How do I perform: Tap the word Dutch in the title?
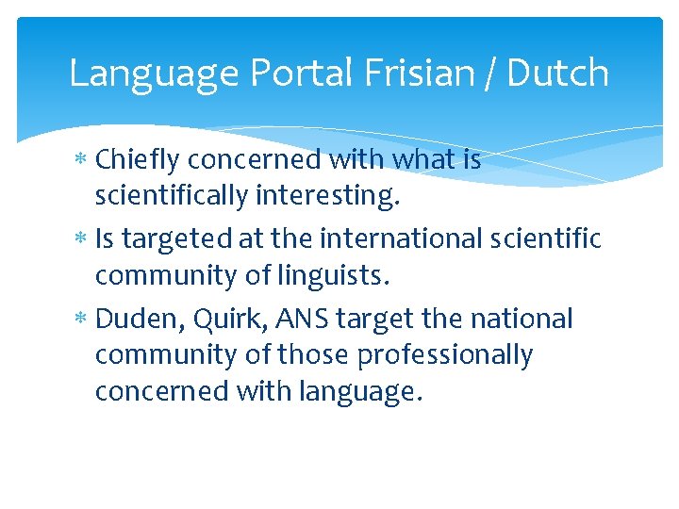coord(558,74)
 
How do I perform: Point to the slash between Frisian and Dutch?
coord(490,74)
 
